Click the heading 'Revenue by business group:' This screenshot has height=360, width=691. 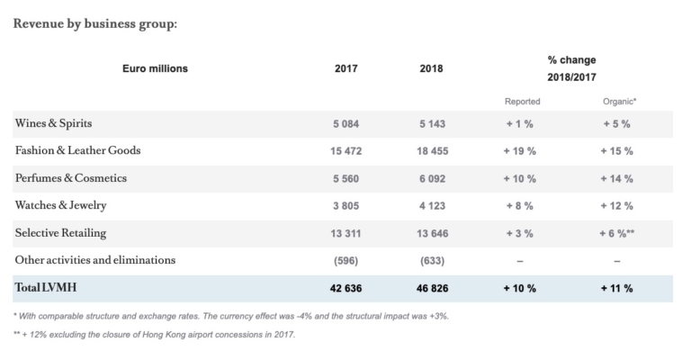95,22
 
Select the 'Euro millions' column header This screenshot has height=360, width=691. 155,68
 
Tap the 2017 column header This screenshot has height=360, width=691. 347,68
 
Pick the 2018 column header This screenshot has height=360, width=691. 431,68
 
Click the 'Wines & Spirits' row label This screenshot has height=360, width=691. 53,122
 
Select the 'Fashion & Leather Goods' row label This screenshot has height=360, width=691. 77,150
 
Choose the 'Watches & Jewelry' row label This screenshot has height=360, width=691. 60,205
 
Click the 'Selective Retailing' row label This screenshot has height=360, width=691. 60,233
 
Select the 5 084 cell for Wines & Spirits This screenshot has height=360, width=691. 347,123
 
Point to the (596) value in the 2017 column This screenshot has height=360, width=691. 347,261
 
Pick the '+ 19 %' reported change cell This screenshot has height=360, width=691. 519,150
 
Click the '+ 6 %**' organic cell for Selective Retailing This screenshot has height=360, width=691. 618,233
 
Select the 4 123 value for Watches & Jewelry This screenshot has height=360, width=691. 431,206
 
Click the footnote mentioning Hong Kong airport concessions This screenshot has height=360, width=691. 155,335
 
